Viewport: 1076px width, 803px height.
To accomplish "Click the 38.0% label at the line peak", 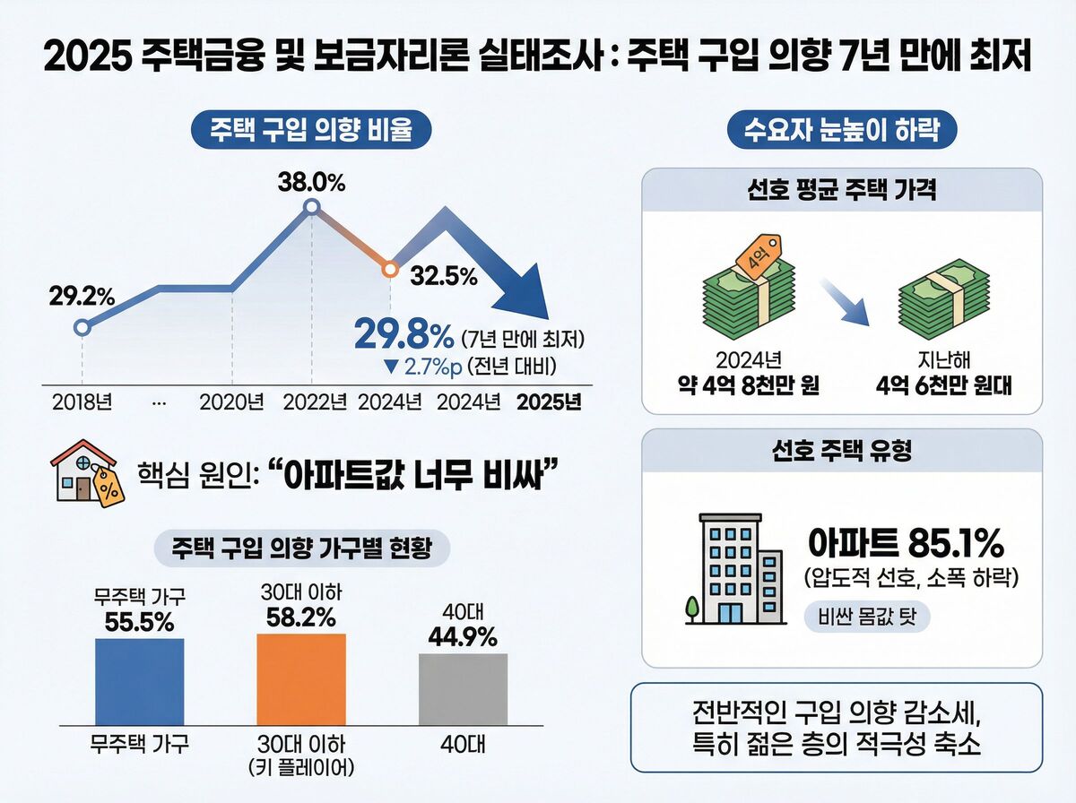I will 311,183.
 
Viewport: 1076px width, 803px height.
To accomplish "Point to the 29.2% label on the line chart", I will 82,294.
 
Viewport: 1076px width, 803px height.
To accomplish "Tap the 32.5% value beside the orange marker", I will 443,276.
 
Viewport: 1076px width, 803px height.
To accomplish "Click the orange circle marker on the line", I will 390,268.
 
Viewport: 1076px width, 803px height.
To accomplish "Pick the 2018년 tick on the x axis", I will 81,401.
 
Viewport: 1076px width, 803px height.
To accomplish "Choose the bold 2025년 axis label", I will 549,401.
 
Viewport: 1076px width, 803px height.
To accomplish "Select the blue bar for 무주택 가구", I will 139,681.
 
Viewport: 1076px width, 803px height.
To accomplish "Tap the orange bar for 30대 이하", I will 300,679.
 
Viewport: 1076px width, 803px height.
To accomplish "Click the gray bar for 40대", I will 463,688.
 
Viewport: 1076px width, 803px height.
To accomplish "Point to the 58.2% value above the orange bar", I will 300,617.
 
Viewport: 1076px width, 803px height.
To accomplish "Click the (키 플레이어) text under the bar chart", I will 300,768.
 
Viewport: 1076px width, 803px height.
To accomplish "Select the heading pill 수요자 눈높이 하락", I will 841,131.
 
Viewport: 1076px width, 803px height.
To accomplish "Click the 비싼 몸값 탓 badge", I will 867,618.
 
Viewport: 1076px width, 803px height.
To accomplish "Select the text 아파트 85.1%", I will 906,542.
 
